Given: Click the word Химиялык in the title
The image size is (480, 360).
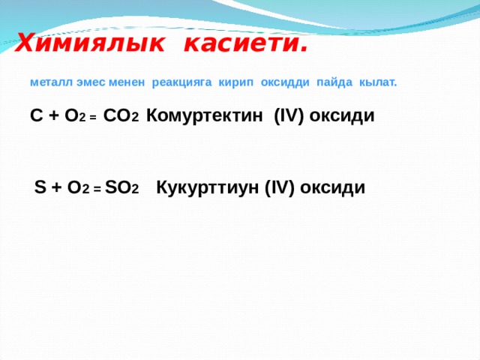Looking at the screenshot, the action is coord(89,43).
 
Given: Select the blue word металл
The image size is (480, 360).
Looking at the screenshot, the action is coord(52,82).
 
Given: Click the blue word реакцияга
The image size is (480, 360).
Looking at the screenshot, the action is coord(181,82).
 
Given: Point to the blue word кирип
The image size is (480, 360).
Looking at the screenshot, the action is coord(236,82).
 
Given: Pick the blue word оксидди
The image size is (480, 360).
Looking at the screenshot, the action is coord(285,82).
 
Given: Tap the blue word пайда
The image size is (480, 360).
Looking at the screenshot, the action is coord(334,82).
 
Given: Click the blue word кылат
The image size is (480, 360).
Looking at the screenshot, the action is coord(378,82).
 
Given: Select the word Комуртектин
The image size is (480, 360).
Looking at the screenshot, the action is coord(205,115).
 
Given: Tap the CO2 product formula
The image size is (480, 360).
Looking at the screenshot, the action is coord(121,115).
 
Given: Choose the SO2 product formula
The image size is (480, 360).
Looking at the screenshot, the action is coord(121,187).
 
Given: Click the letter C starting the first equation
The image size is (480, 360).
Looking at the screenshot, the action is coord(36,115).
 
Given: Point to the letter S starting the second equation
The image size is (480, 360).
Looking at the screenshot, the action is coord(40,187).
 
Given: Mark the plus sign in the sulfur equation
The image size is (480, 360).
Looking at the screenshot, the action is coord(56,188).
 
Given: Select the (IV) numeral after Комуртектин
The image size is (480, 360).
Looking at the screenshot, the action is coord(289,116).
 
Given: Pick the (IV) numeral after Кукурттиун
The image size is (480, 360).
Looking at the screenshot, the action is coord(279,187).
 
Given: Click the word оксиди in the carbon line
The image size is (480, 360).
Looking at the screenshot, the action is coord(342,116).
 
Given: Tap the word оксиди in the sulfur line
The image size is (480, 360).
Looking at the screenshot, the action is coord(332,187).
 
